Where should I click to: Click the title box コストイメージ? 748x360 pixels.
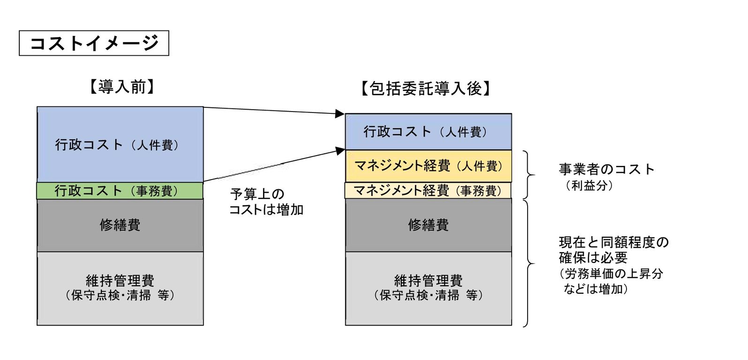(x=94, y=43)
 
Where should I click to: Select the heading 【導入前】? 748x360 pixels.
(x=121, y=87)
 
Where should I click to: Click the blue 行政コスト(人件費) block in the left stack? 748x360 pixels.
(x=120, y=144)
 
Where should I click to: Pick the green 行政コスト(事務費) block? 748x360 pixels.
(x=120, y=191)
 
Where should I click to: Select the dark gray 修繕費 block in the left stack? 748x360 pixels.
(x=120, y=225)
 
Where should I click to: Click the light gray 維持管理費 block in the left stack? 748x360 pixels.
(x=120, y=288)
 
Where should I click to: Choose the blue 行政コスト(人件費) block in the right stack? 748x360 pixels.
(x=428, y=132)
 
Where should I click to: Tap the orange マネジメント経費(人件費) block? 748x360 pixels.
(x=428, y=166)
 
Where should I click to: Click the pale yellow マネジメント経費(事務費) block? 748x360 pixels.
(x=428, y=190)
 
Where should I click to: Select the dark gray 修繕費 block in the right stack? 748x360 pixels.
(x=428, y=225)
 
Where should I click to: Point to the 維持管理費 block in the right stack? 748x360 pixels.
(x=428, y=288)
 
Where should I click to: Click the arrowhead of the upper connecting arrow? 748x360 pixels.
(x=340, y=113)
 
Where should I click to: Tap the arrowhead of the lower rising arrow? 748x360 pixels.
(x=340, y=150)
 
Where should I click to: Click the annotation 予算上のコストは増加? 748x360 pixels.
(x=266, y=202)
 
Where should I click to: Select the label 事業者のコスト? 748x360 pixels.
(x=606, y=169)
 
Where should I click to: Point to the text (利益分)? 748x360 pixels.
(x=589, y=186)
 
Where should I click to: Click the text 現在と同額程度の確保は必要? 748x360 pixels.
(x=613, y=250)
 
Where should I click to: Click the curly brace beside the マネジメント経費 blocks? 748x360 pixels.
(x=530, y=175)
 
